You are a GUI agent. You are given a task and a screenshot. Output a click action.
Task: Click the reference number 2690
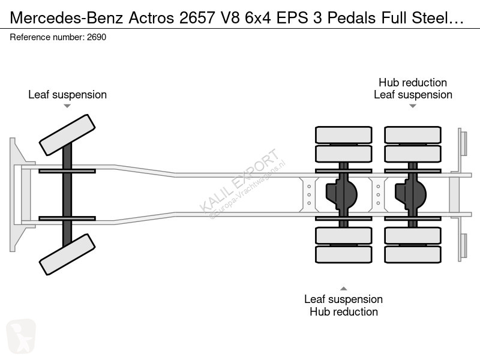tap(97, 37)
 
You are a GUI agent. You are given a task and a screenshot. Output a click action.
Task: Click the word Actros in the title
tap(151, 18)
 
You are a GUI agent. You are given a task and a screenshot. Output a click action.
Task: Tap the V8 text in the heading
tap(230, 18)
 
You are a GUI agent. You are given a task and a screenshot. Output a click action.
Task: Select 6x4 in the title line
tap(258, 18)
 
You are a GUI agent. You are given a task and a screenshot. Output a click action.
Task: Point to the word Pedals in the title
tap(352, 18)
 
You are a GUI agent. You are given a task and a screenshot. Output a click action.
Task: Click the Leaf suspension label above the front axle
tap(67, 95)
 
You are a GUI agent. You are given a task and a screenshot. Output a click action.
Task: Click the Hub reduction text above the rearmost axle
tap(413, 82)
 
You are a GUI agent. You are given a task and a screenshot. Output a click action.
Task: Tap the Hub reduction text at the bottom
tap(343, 311)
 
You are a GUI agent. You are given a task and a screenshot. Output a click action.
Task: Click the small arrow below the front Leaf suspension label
tap(67, 106)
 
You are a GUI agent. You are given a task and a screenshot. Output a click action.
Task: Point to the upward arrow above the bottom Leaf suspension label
tap(343, 289)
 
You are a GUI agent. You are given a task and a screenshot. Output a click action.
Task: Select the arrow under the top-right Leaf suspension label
tap(413, 106)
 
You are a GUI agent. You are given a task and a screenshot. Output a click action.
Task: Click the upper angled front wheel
tap(67, 135)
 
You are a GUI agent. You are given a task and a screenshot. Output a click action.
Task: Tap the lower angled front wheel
tap(67, 254)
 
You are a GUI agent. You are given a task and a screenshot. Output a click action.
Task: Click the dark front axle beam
tap(67, 194)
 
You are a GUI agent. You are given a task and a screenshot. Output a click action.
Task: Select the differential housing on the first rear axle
tap(341, 194)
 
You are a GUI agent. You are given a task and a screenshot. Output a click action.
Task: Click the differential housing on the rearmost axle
tap(410, 194)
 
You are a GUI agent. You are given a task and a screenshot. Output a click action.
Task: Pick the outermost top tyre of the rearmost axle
tap(413, 134)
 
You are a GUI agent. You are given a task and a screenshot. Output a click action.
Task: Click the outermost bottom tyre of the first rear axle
tap(343, 254)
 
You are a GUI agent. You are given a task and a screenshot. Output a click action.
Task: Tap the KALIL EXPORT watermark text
tap(239, 181)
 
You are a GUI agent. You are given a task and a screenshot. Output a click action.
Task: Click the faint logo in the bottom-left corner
tap(21, 336)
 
